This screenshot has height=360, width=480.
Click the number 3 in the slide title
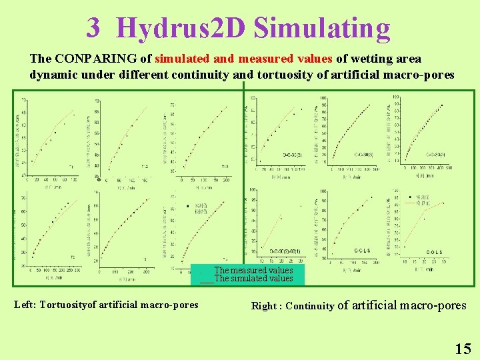coord(93,28)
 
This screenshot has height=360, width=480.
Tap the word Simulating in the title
coord(322,28)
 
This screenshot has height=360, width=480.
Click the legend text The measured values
coord(253,270)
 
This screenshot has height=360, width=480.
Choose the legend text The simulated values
coord(253,279)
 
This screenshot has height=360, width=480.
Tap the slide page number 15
coord(463,348)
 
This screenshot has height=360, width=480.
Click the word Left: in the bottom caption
coord(25,305)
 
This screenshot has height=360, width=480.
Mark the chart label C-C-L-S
coord(363,251)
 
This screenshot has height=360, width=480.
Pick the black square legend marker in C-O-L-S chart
coord(408,197)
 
